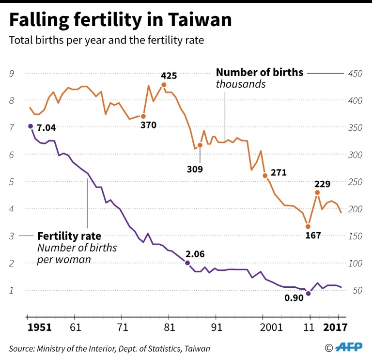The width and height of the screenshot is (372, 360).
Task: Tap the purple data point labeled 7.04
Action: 31,126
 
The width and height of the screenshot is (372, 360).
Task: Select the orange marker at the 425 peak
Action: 164,85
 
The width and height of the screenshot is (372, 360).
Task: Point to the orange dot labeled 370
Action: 143,116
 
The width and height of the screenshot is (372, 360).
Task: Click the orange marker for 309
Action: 200,145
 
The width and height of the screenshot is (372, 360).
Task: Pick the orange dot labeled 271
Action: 265,175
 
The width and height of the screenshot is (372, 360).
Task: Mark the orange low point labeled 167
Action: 308,226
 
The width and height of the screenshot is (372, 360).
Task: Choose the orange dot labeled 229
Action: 317,192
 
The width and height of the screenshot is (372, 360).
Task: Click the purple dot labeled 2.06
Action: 187,263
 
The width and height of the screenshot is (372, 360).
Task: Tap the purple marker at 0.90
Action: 308,294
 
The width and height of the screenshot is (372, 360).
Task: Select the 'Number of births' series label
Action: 260,73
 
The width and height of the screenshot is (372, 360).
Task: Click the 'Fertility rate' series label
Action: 69,236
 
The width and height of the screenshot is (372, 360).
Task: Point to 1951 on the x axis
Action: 39,327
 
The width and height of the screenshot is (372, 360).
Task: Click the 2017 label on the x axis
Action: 335,327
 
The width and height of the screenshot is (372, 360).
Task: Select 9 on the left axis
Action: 11,73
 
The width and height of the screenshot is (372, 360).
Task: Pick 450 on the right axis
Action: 356,73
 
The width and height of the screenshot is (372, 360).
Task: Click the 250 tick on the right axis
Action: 356,182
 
